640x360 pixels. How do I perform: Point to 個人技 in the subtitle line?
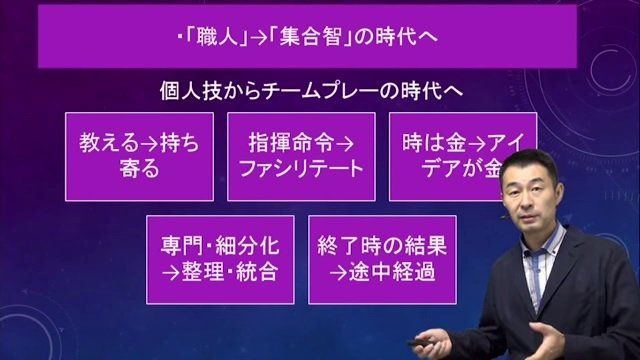coord(190,91)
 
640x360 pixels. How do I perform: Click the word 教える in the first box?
coord(109,143)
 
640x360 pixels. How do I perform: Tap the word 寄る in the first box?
coord(139,169)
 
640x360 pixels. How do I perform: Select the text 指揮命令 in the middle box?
coord(291,143)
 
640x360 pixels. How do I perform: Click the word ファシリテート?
coord(301,169)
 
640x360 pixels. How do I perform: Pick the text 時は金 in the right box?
coord(434,143)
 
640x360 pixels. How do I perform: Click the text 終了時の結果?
coord(382,246)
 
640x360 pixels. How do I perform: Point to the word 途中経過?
coord(392,272)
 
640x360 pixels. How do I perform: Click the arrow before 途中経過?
coord(338,273)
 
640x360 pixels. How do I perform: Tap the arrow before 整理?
coord(171,273)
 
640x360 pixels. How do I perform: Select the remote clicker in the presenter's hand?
coord(423,341)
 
